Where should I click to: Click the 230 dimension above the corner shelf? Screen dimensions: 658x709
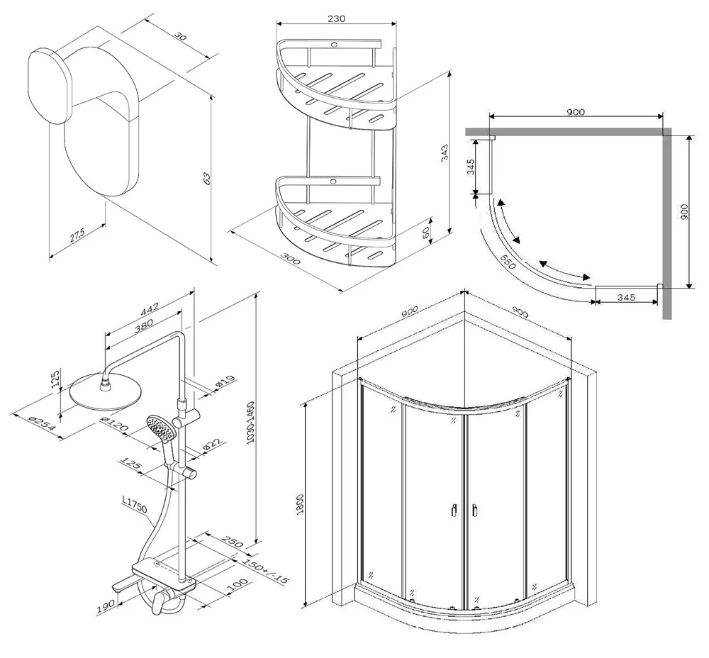pyautogui.click(x=337, y=19)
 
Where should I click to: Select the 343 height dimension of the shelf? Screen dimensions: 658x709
pyautogui.click(x=445, y=152)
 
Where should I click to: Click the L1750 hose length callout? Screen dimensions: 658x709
pyautogui.click(x=135, y=504)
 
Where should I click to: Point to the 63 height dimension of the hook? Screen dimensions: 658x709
pyautogui.click(x=208, y=177)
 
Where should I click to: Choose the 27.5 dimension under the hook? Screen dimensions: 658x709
pyautogui.click(x=77, y=235)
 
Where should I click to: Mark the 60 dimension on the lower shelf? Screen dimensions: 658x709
pyautogui.click(x=425, y=233)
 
